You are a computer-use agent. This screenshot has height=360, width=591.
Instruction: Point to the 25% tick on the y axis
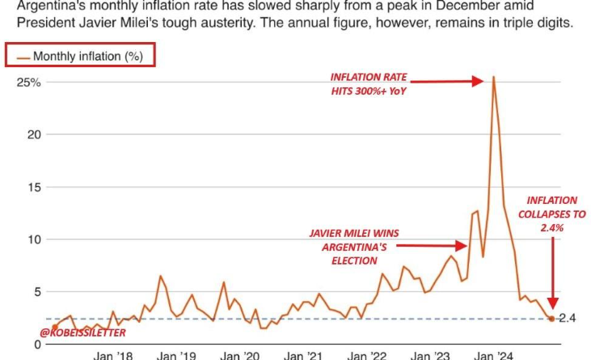point(27,83)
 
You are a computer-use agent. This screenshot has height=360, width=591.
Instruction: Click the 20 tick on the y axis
point(33,134)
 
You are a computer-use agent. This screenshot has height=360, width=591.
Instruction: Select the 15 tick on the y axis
point(33,187)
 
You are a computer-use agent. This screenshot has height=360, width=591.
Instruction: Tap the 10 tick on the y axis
point(33,239)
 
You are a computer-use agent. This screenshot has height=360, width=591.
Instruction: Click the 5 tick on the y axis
point(36,291)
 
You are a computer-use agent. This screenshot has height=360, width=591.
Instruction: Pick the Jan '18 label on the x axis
point(112,354)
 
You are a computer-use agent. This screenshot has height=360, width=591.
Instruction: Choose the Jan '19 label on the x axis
point(176,354)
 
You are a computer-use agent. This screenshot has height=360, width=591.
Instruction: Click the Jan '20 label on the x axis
point(239,354)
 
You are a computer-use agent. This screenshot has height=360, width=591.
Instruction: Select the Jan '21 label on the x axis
point(302,354)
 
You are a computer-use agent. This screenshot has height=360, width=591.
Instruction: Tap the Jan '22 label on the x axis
point(366,354)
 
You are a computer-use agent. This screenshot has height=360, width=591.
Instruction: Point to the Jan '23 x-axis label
point(430,354)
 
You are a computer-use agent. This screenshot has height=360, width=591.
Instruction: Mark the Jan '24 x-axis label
point(493,354)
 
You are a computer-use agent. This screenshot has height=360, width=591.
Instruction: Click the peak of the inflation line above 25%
point(493,77)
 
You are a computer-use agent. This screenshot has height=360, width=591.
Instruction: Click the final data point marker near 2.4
point(551,319)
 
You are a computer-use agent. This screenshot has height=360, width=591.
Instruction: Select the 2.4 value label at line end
point(567,319)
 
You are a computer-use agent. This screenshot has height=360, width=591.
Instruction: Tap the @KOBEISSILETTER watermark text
point(83,332)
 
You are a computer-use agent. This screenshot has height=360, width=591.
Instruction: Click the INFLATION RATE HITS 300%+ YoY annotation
point(369,84)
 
